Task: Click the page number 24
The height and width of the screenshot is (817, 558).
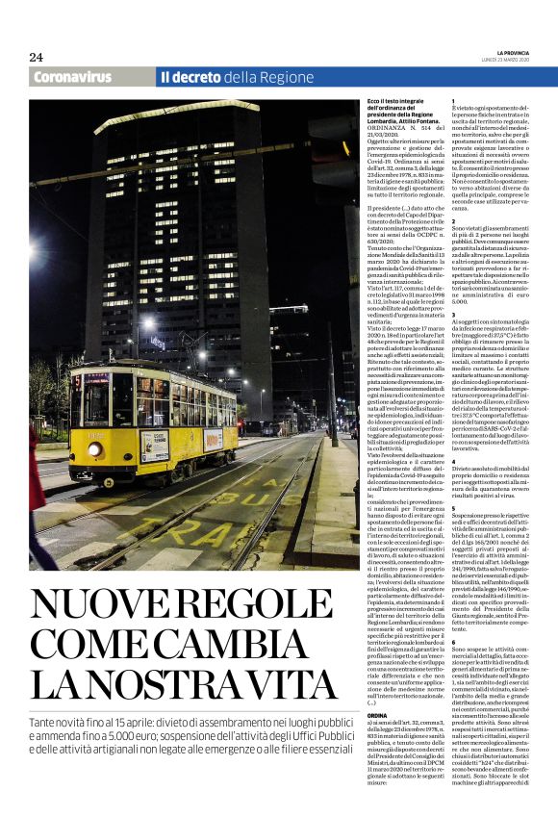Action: tap(36, 57)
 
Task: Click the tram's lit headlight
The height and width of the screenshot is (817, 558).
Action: tap(95, 449)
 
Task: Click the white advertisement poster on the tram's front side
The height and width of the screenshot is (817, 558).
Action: tap(155, 444)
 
